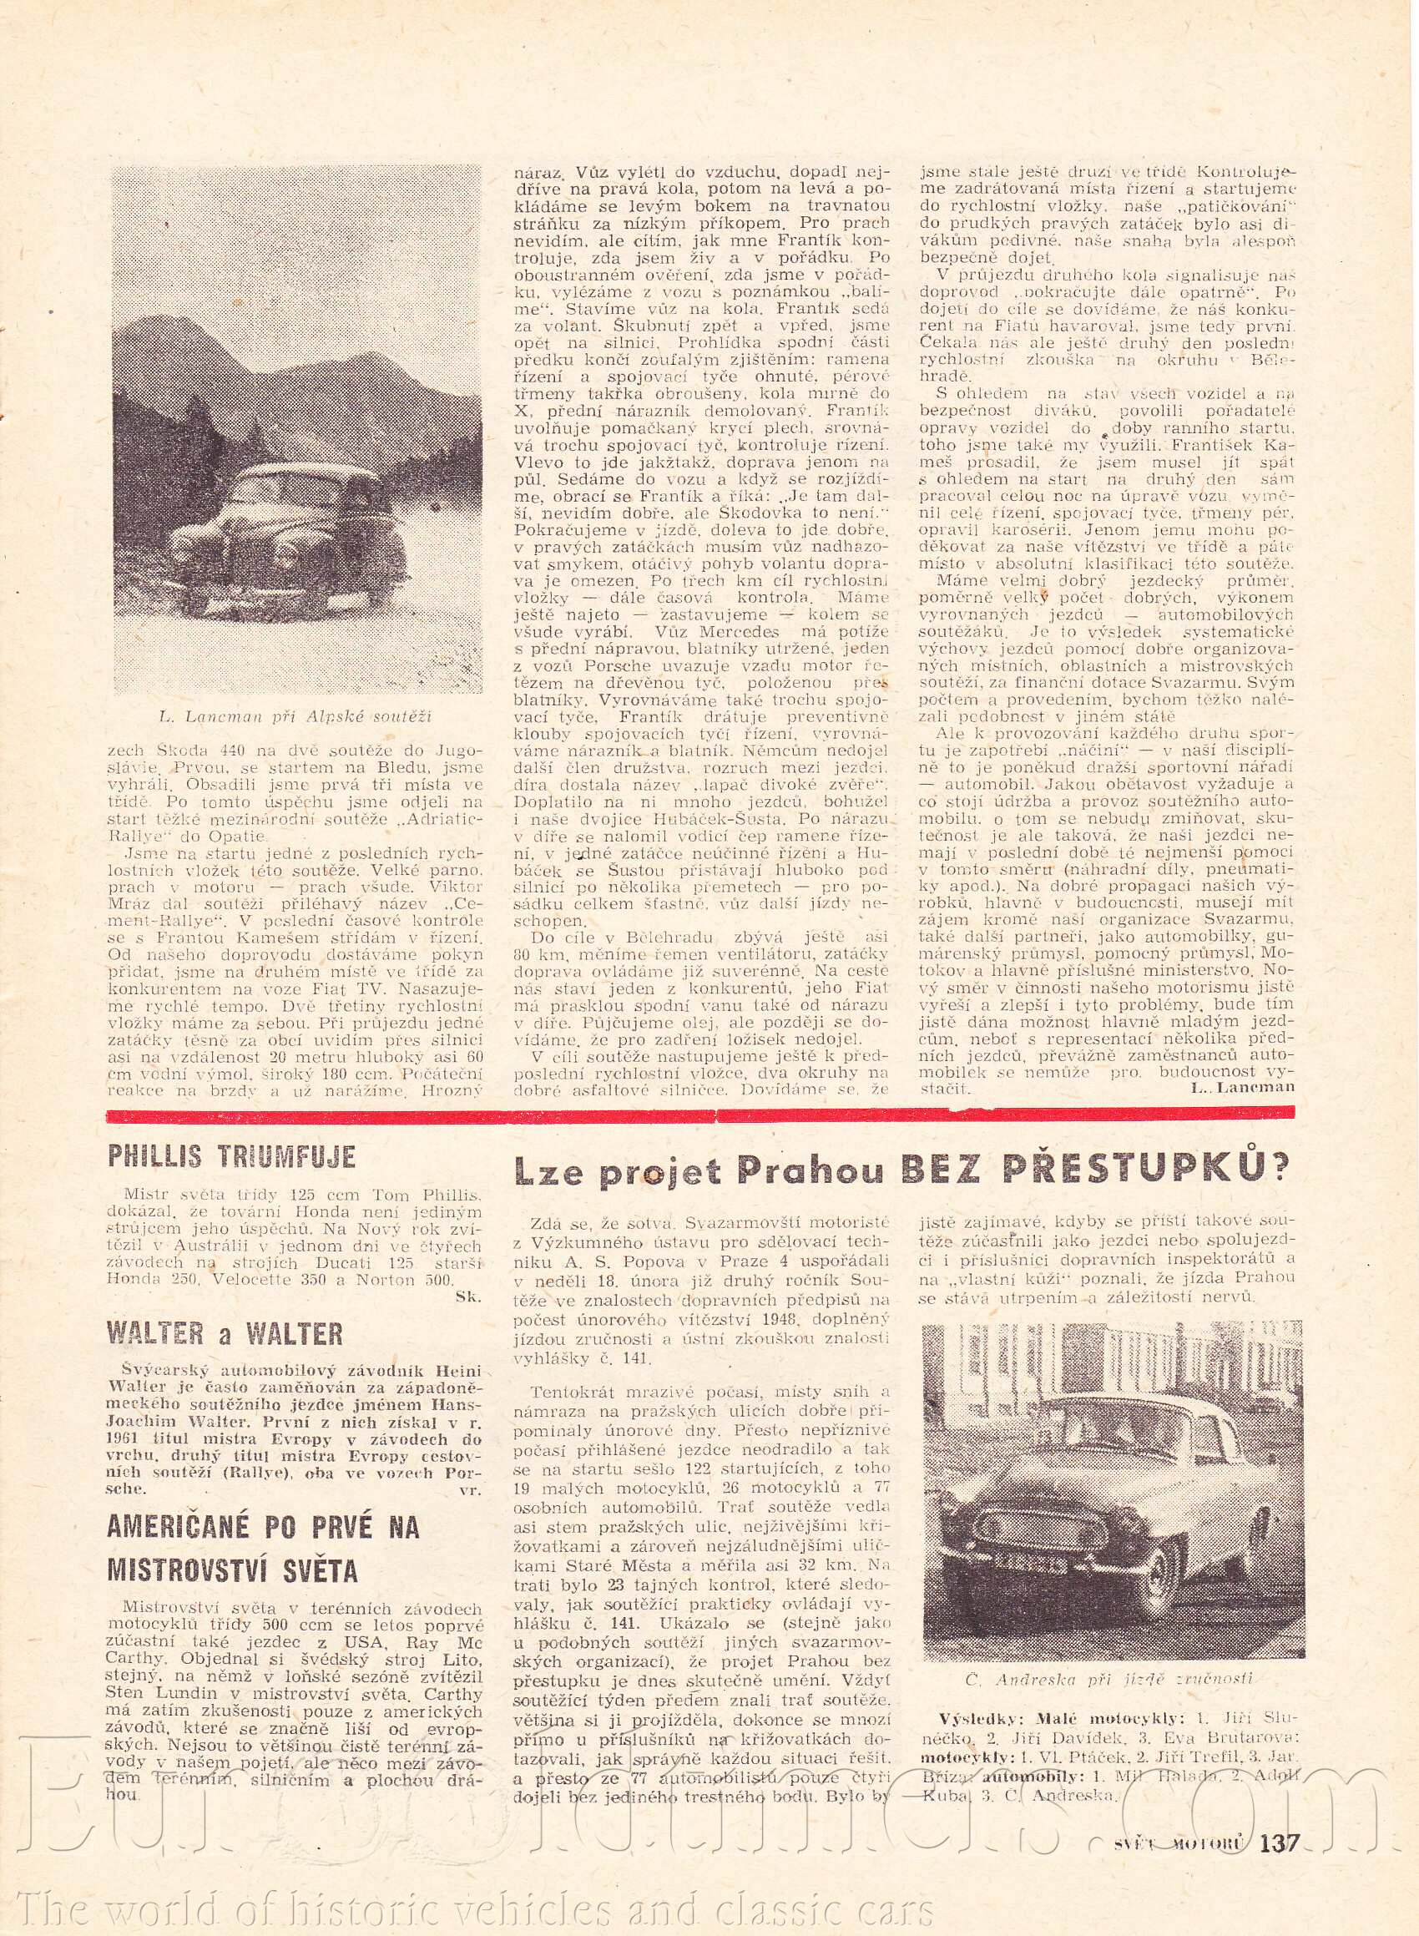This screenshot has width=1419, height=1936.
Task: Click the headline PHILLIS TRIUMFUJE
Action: (231, 1156)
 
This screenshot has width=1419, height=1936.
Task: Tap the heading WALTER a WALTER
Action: (225, 1333)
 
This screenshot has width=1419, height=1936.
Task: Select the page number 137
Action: (1280, 1842)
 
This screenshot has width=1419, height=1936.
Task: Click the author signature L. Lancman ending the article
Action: (1243, 1086)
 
